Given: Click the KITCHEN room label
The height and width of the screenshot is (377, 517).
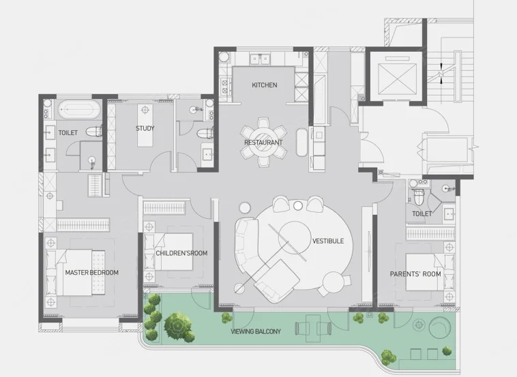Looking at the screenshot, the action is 265,85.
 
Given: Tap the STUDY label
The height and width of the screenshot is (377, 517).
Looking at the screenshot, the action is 145,129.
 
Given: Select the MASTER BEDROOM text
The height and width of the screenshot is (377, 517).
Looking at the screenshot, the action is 91,273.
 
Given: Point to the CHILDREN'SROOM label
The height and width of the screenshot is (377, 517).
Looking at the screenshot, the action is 181,253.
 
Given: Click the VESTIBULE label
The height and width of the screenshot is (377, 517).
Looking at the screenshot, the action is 328,241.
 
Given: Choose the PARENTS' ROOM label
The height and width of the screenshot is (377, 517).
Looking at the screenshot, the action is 415,274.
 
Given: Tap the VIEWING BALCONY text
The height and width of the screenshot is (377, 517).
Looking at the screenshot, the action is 256,331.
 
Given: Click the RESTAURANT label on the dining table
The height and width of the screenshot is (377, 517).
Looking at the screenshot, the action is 263,142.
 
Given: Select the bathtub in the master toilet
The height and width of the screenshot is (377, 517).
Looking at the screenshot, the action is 79,109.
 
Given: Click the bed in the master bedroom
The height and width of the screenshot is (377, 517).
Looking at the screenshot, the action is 76,273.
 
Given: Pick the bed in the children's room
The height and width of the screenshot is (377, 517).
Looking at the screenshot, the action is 169,252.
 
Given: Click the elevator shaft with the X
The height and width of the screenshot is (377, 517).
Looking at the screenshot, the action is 397,79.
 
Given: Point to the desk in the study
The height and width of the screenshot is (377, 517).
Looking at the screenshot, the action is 145,125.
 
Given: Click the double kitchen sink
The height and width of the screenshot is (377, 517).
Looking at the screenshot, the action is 260,59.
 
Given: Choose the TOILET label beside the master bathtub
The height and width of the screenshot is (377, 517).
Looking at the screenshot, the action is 68,133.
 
